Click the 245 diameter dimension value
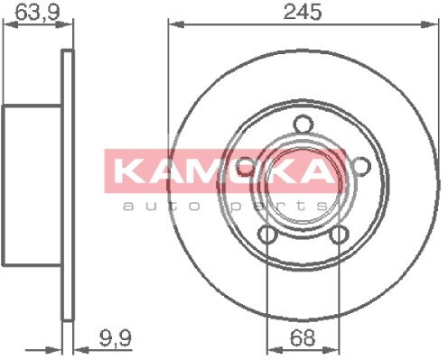point(303,13)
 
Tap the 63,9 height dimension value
point(38,13)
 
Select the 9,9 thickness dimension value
point(116,337)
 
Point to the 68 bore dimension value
point(303,337)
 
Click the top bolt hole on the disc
point(303,125)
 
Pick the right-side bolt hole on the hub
point(361,167)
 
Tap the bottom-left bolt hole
point(267,235)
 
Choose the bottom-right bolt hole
point(339,235)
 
